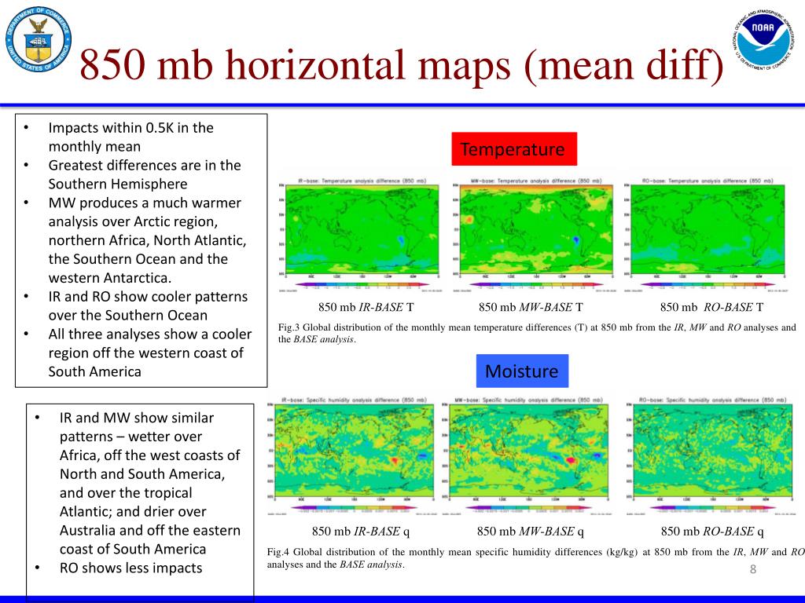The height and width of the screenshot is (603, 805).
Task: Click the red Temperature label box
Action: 513,149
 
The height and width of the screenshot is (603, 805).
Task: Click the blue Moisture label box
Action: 522,371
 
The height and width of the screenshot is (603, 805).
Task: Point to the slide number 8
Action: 752,570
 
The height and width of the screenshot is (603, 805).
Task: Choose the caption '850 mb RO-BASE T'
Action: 711,307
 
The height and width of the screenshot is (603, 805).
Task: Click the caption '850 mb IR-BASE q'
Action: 361,531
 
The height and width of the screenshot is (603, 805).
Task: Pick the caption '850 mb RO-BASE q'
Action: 713,531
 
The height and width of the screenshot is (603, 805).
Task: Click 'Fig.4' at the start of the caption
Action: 278,552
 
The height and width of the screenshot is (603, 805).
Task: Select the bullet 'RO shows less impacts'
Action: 131,568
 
